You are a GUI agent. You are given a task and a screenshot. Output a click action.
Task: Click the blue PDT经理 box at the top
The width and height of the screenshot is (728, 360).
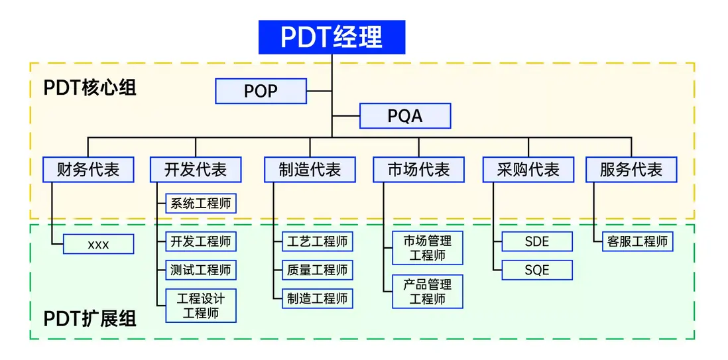tap(332, 36)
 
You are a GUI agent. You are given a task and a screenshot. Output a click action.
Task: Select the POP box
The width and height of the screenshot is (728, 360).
tap(261, 91)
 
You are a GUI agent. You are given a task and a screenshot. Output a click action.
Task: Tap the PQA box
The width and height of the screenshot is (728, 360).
tap(405, 116)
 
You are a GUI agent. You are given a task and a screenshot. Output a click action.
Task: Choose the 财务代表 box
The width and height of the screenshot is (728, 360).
tap(88, 170)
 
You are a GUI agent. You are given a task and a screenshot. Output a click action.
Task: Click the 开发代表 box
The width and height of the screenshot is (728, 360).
tap(196, 170)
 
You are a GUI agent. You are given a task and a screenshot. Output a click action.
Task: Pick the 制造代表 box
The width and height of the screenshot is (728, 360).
tap(310, 170)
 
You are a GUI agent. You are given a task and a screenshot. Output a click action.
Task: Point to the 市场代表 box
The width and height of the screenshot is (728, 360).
tap(418, 170)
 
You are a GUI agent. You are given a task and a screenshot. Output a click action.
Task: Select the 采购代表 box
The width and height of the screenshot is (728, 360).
tap(528, 170)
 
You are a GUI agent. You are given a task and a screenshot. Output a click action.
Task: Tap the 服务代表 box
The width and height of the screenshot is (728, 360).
tap(631, 170)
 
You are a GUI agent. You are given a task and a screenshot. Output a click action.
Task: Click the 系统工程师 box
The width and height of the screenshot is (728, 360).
tap(200, 204)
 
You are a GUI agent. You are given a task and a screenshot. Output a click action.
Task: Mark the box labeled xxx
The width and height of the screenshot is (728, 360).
tap(98, 245)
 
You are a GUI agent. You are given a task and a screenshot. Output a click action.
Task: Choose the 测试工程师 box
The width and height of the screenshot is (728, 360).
tap(200, 270)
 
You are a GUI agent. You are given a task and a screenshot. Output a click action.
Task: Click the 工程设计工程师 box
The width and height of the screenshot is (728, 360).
tap(200, 306)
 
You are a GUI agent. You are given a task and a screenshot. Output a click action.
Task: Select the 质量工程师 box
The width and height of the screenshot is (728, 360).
tap(317, 270)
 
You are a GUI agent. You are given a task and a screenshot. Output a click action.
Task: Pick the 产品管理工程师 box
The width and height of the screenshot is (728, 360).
tap(428, 292)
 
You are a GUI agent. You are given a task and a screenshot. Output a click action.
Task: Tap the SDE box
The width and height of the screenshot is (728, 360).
tap(537, 242)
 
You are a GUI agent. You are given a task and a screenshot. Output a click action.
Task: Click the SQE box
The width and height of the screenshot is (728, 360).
tap(537, 270)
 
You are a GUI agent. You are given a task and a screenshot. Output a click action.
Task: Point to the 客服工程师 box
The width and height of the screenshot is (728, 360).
tap(637, 242)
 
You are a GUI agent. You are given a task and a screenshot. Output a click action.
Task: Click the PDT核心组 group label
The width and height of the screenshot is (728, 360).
tap(90, 88)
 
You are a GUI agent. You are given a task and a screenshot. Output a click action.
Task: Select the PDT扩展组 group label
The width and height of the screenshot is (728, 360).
tap(90, 319)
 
